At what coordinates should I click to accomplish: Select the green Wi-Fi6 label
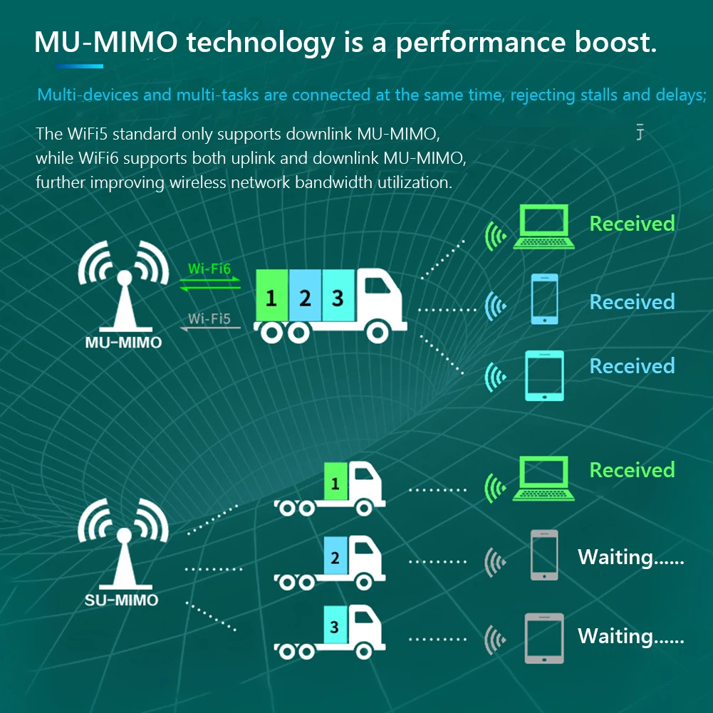pyautogui.click(x=209, y=269)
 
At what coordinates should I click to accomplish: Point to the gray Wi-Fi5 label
pyautogui.click(x=209, y=318)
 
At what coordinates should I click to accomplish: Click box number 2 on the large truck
pyautogui.click(x=305, y=297)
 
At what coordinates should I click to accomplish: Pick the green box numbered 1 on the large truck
pyautogui.click(x=271, y=297)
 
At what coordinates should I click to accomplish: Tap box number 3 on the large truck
pyautogui.click(x=338, y=296)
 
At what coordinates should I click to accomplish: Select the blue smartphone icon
pyautogui.click(x=545, y=299)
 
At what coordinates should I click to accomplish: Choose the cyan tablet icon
pyautogui.click(x=544, y=375)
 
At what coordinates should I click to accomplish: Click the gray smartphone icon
pyautogui.click(x=544, y=555)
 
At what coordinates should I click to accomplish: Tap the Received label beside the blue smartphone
pyautogui.click(x=632, y=302)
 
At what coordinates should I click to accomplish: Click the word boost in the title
pyautogui.click(x=610, y=43)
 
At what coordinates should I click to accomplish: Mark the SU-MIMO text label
pyautogui.click(x=121, y=600)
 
